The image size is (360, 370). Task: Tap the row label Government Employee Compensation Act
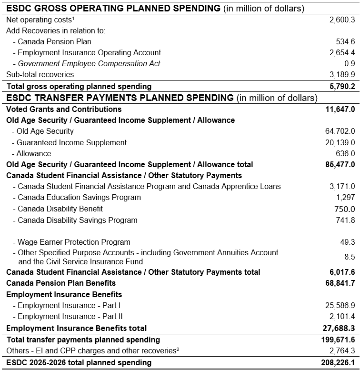(x=89, y=63)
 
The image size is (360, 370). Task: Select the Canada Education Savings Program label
(x=79, y=197)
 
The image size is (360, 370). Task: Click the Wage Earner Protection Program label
(x=74, y=242)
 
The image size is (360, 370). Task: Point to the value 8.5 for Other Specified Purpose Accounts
(x=350, y=257)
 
